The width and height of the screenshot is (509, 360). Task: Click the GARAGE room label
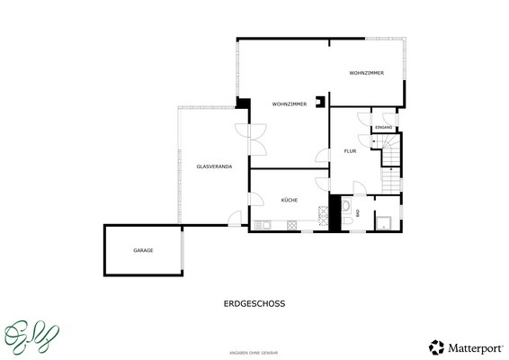click(143, 249)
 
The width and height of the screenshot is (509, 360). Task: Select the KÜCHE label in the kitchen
click(289, 200)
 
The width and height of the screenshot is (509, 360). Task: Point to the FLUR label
click(350, 151)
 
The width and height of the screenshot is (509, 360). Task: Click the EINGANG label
click(384, 128)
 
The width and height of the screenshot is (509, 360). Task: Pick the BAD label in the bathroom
click(358, 212)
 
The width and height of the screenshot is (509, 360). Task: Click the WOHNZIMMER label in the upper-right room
click(367, 73)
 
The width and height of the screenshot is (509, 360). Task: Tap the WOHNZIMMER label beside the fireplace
click(290, 104)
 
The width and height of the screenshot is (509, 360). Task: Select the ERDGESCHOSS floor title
click(254, 304)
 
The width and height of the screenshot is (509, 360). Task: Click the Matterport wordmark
click(473, 347)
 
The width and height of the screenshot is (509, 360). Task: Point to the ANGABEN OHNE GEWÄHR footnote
click(254, 353)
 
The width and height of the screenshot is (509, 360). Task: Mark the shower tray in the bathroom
click(382, 223)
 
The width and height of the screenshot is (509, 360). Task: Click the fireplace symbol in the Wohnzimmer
click(319, 103)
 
